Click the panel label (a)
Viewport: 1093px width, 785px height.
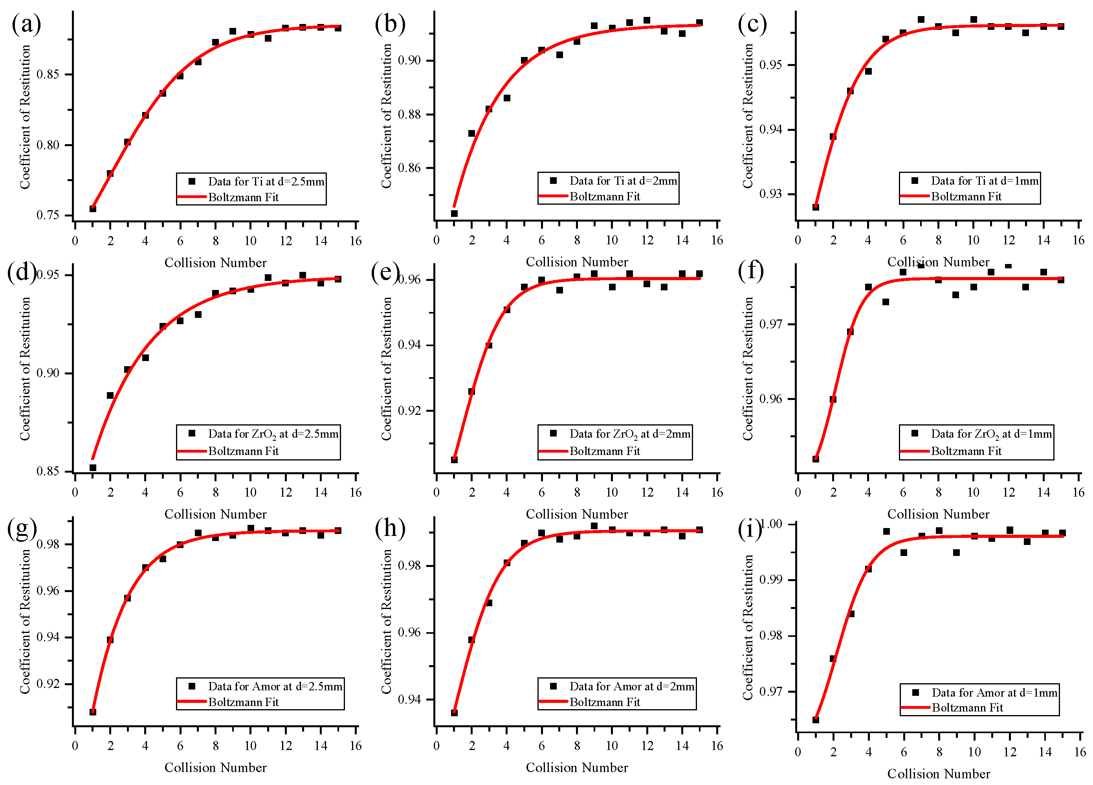pyautogui.click(x=26, y=24)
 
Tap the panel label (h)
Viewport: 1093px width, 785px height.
pyautogui.click(x=389, y=528)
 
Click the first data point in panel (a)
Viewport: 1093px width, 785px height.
pyautogui.click(x=93, y=209)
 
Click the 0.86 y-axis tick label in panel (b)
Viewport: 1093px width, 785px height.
pyautogui.click(x=409, y=168)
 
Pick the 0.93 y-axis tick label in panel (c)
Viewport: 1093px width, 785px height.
pyautogui.click(x=770, y=194)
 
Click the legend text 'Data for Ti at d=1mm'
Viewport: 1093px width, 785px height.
pyautogui.click(x=984, y=181)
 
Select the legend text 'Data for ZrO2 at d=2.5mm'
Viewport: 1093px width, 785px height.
pyautogui.click(x=273, y=434)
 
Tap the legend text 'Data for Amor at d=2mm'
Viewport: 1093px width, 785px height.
pyautogui.click(x=631, y=686)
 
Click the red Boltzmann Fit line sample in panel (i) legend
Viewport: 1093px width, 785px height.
pyautogui.click(x=915, y=708)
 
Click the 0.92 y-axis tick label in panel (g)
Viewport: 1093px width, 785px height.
pyautogui.click(x=48, y=684)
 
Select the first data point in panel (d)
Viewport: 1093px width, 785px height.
pyautogui.click(x=93, y=468)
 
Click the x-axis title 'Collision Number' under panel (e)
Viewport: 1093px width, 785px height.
pyautogui.click(x=576, y=514)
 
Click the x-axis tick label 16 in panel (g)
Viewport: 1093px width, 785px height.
pyautogui.click(x=355, y=746)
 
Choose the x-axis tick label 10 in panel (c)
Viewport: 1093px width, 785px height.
pyautogui.click(x=973, y=240)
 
